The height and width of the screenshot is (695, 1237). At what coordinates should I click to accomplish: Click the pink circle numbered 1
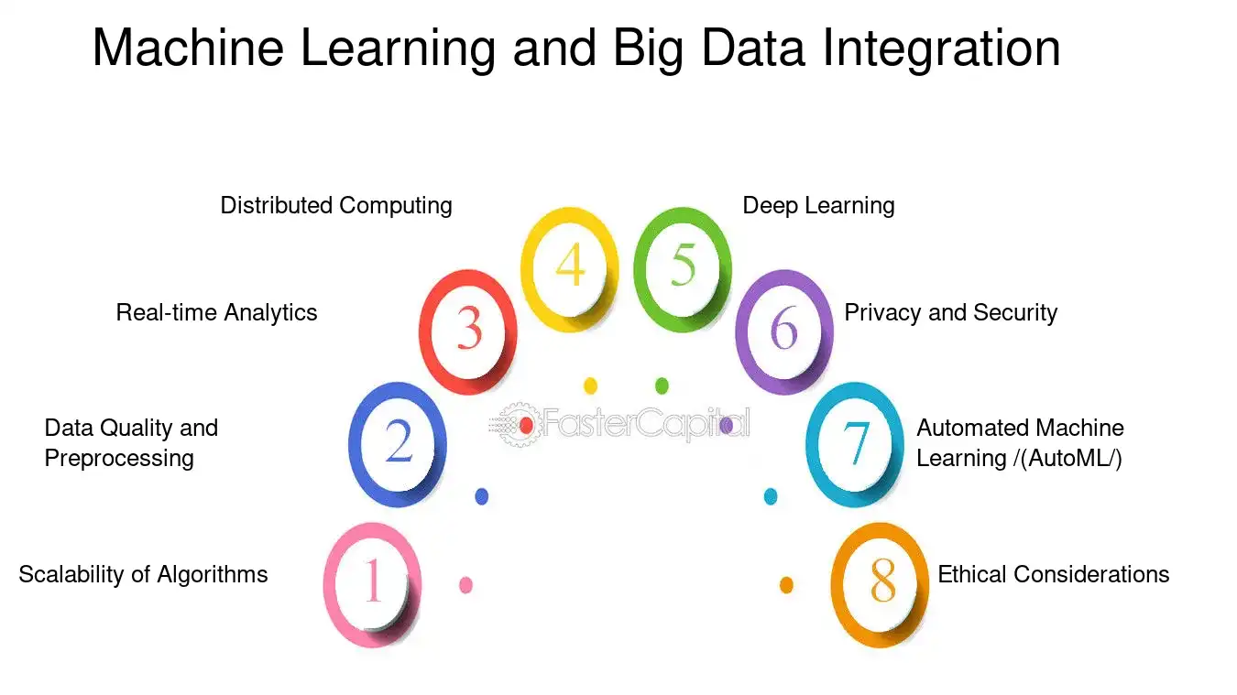(329, 585)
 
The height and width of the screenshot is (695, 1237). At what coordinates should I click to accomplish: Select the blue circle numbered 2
(355, 445)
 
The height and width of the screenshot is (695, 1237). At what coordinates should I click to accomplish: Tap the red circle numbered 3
(425, 332)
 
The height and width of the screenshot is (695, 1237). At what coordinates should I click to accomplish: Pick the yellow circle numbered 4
(528, 269)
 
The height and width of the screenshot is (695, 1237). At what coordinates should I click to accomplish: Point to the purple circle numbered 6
(741, 332)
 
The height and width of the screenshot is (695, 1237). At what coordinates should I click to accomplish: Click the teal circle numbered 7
(813, 445)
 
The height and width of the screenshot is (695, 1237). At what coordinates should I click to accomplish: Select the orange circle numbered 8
(837, 585)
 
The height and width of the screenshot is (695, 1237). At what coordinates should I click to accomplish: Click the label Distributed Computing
(336, 206)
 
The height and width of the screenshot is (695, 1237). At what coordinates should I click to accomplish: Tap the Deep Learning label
(818, 206)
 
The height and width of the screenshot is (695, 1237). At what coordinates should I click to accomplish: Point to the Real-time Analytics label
(216, 313)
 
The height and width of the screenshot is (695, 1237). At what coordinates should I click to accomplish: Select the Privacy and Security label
(951, 313)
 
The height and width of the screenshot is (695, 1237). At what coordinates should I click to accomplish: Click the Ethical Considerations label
(1054, 575)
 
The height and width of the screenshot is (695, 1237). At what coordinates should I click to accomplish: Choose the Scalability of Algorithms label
(143, 575)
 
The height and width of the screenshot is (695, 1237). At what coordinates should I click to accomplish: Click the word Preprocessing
(119, 459)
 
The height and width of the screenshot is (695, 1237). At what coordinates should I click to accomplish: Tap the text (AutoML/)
(1071, 459)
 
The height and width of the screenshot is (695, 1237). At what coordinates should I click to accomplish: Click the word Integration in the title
(941, 49)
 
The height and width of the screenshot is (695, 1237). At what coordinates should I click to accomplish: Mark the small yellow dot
(590, 386)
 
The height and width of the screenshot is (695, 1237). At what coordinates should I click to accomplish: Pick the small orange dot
(786, 585)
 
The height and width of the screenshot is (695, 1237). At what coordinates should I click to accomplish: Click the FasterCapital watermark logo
(619, 425)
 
